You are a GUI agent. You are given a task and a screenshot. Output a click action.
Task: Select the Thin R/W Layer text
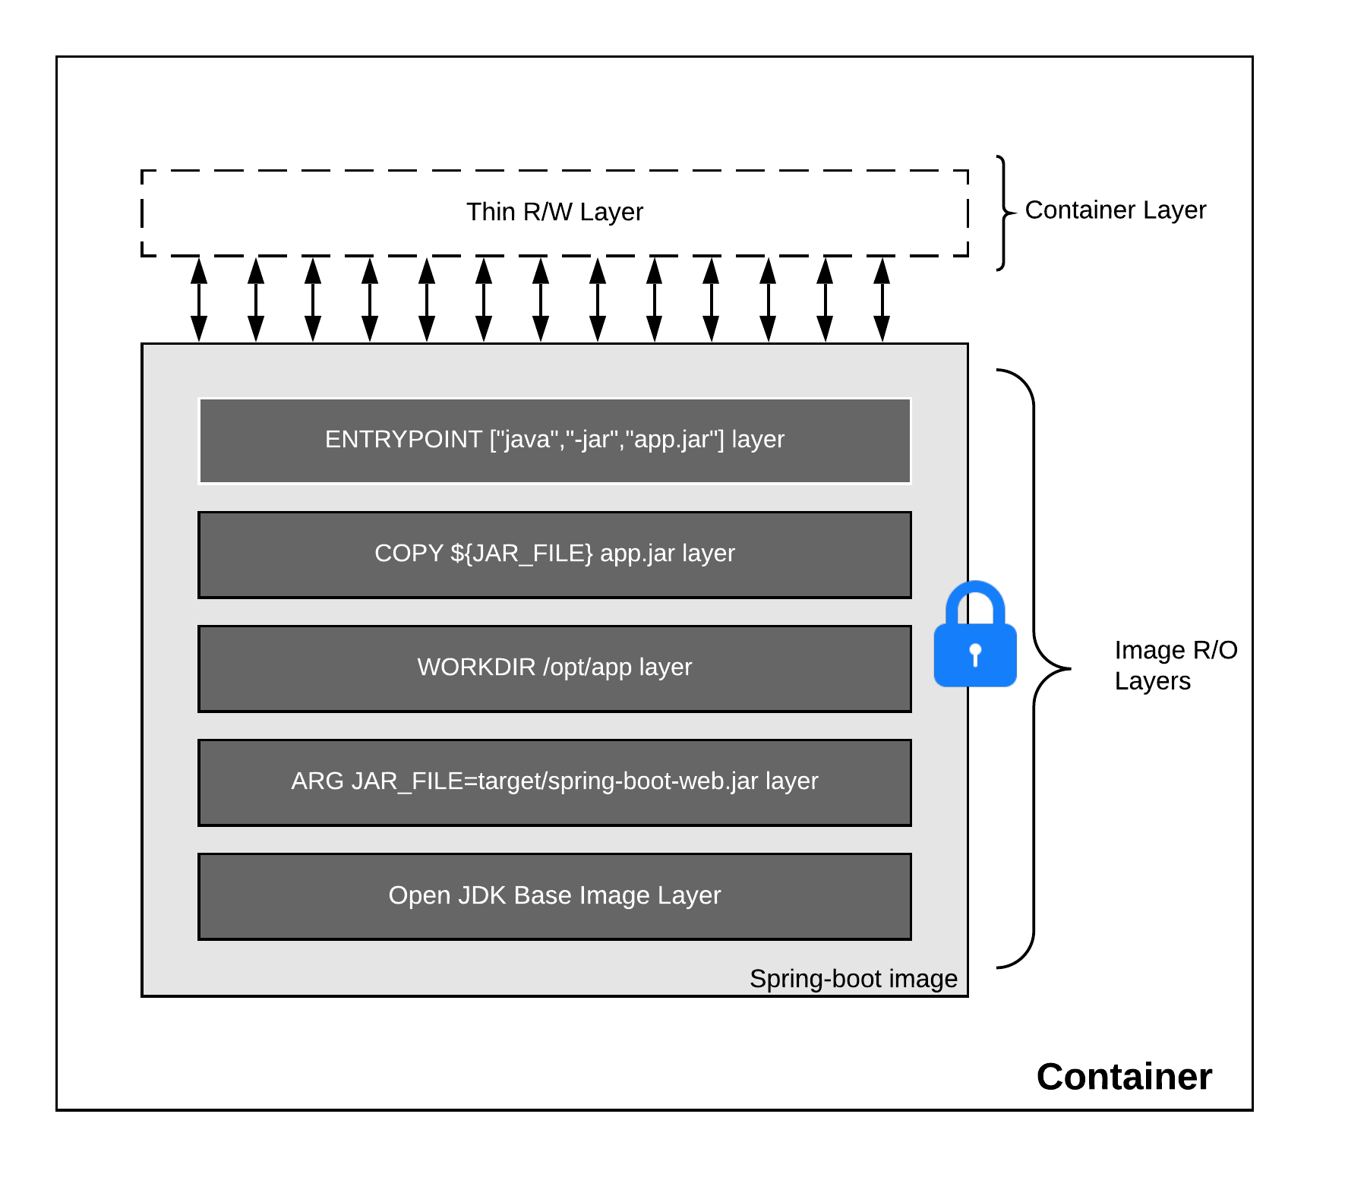[x=554, y=212]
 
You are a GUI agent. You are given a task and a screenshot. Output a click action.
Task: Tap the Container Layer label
[x=1115, y=210]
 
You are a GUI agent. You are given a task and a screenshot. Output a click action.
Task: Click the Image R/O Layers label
[x=1175, y=665]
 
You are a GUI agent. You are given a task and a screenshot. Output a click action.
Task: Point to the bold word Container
[x=1123, y=1077]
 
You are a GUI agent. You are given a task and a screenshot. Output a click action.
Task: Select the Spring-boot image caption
[x=853, y=979]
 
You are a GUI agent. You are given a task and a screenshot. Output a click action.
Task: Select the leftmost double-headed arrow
[x=199, y=300]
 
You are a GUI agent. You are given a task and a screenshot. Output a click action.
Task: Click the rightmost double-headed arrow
[x=882, y=300]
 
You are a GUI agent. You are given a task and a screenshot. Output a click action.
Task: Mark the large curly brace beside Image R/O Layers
[x=1035, y=668]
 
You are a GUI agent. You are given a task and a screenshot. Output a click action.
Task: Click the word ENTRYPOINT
[x=403, y=440]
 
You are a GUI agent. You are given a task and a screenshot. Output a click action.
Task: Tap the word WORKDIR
[x=476, y=667]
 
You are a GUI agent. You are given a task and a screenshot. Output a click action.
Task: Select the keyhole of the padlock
[x=975, y=654]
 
